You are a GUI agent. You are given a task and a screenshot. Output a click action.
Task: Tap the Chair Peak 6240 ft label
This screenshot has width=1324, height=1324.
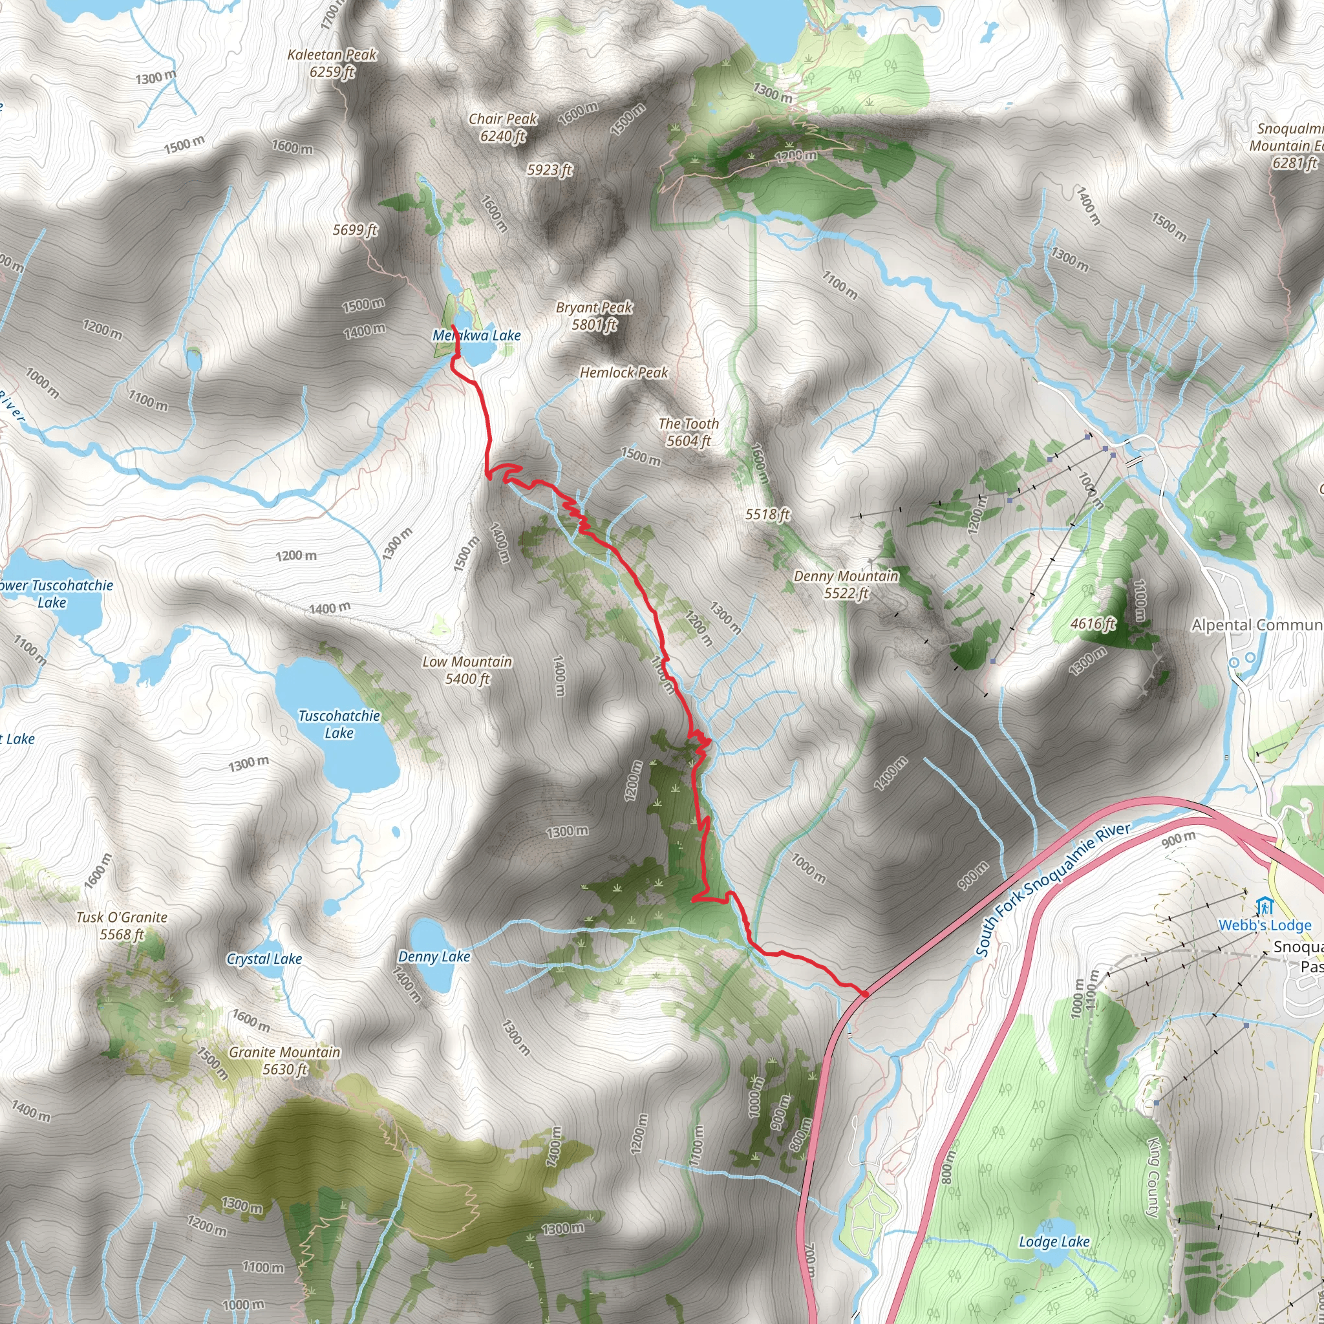point(503,127)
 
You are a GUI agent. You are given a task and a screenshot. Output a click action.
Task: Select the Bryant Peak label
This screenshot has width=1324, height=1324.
point(594,316)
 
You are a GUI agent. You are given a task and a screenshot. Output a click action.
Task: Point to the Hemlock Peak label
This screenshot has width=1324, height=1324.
point(624,372)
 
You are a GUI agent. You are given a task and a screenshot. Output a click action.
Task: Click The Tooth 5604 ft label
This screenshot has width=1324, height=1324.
point(689,432)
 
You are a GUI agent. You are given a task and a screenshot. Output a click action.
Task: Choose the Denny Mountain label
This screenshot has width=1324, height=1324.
point(846,584)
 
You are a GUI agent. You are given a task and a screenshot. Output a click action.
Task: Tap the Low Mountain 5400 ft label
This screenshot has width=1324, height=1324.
point(467,670)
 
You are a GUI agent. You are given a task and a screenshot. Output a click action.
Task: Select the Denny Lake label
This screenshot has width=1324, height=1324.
point(434,957)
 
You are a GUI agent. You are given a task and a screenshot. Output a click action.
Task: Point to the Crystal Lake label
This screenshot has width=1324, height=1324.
point(264,959)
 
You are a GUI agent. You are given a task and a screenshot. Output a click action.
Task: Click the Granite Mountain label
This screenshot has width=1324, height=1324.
point(284,1060)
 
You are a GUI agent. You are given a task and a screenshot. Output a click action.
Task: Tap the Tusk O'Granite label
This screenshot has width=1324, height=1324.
point(122,925)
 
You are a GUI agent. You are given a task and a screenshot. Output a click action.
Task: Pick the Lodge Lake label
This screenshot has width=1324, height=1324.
point(1054,1242)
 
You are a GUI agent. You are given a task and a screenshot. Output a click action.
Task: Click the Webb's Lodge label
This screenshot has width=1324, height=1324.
point(1265,925)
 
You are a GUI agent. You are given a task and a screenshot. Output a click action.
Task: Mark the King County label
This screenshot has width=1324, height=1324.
point(1154,1177)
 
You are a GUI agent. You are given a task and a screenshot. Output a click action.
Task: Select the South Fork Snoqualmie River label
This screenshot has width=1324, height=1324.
point(1052,890)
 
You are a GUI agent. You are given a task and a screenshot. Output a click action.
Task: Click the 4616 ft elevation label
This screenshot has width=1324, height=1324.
point(1093,624)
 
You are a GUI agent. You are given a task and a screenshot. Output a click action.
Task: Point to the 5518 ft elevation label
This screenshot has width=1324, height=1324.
point(767,514)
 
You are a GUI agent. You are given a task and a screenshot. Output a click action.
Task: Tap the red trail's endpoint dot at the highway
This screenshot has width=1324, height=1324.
point(866,994)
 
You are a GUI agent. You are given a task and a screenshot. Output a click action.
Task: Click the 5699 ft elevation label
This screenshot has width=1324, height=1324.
point(355,230)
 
